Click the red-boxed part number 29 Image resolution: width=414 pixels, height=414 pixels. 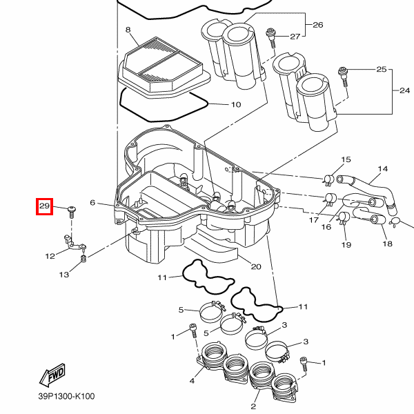pyautogui.click(x=45, y=206)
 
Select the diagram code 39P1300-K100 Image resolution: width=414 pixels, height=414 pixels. pyautogui.click(x=66, y=397)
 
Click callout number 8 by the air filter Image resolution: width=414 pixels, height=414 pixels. pyautogui.click(x=128, y=30)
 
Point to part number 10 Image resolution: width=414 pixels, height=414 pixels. pyautogui.click(x=235, y=105)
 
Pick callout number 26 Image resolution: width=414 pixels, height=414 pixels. pyautogui.click(x=317, y=25)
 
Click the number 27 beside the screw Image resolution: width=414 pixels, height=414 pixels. pyautogui.click(x=295, y=36)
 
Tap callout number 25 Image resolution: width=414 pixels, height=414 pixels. pyautogui.click(x=381, y=70)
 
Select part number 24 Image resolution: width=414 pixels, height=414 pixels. pyautogui.click(x=405, y=91)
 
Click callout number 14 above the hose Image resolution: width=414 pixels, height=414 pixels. pyautogui.click(x=383, y=168)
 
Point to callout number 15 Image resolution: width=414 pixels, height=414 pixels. pyautogui.click(x=346, y=160)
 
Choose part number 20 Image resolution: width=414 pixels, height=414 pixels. pyautogui.click(x=256, y=266)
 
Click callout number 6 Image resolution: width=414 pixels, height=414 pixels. pyautogui.click(x=92, y=203)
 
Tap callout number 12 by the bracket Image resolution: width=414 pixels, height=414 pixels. pyautogui.click(x=50, y=256)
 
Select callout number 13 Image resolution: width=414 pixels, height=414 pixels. pyautogui.click(x=63, y=275)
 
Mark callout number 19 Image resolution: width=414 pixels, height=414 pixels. pyautogui.click(x=346, y=245)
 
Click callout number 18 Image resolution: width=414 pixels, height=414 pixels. pyautogui.click(x=386, y=244)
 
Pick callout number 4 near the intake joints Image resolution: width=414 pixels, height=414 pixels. pyautogui.click(x=192, y=380)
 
